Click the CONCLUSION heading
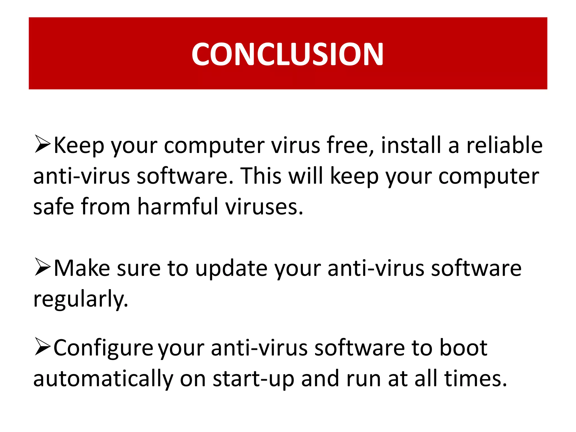pos(287,54)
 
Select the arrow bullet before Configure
pos(42,346)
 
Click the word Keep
pos(79,145)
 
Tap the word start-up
pos(253,379)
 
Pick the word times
pos(476,379)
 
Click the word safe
pos(53,207)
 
